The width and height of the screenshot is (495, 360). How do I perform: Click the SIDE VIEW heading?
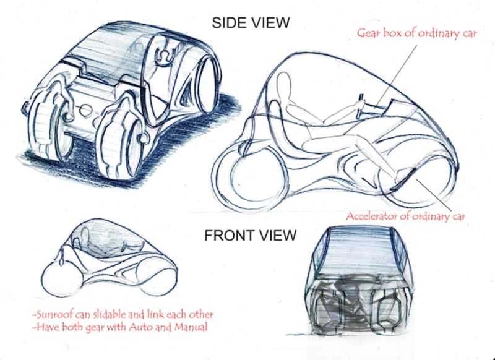coord(251,24)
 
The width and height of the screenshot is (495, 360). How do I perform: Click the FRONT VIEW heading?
coord(251,236)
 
